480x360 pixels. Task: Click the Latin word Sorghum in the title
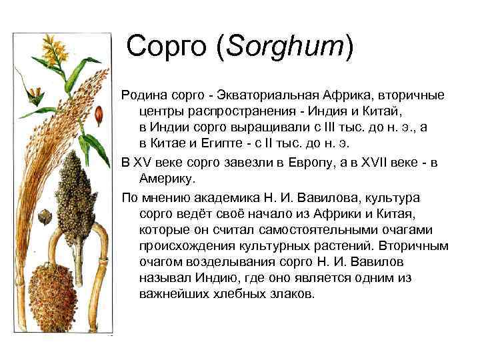285,47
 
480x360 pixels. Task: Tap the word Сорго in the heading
167,46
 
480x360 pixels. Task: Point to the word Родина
145,95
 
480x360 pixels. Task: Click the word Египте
221,143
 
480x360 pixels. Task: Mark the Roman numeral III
329,127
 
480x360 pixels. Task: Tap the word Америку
167,179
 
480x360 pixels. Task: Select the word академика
227,198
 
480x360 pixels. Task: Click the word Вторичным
413,246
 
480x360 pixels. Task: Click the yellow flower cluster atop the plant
55,49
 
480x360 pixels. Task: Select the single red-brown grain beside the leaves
99,115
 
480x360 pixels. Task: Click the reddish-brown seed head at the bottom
53,297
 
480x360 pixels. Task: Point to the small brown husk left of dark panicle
45,217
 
